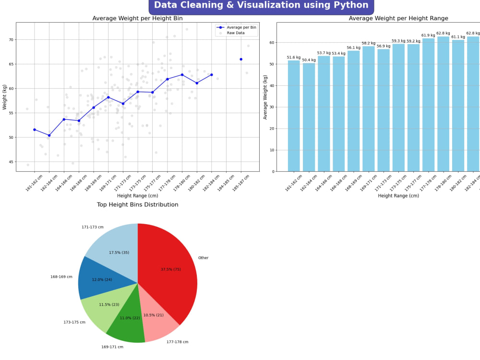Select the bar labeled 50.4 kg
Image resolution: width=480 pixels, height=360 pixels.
pos(309,118)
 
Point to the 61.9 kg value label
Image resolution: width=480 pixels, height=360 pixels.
pos(428,35)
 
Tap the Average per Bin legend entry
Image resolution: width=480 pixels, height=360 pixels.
pos(240,27)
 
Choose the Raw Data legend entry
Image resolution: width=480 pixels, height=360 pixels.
pos(236,33)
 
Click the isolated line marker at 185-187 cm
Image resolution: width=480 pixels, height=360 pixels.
pos(241,59)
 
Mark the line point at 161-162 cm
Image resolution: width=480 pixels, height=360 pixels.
pos(34,130)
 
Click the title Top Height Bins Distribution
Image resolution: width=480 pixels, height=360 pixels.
pos(138,205)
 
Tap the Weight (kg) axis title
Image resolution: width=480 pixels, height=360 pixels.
pos(5,96)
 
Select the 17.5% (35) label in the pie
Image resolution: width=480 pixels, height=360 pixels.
pos(119,252)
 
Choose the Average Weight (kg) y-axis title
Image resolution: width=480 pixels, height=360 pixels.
pos(265,97)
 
